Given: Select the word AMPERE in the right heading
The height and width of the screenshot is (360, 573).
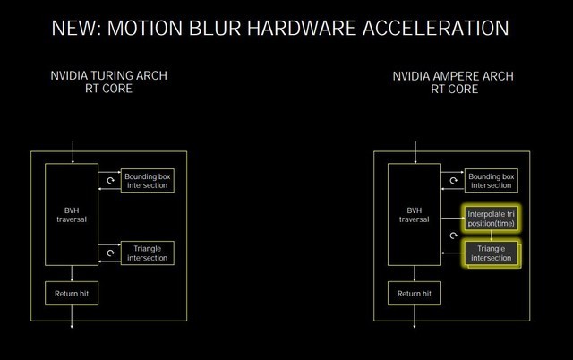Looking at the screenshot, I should [454, 76].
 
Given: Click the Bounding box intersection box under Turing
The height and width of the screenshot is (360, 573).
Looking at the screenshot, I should [147, 181].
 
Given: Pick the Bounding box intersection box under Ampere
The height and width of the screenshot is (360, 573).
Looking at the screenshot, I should [491, 181].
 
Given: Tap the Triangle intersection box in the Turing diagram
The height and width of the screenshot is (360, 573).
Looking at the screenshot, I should [147, 253].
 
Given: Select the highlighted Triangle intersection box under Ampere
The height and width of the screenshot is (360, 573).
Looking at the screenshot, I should [491, 253].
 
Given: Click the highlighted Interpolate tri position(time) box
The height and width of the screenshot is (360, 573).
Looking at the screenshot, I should [491, 219].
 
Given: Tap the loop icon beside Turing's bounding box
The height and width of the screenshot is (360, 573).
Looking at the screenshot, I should [109, 181].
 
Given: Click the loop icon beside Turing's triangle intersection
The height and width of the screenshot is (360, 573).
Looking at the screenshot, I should [109, 253].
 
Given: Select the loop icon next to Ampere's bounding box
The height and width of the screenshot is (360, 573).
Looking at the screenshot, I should [453, 181].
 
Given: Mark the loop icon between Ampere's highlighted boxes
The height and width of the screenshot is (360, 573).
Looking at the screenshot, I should [453, 236].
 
